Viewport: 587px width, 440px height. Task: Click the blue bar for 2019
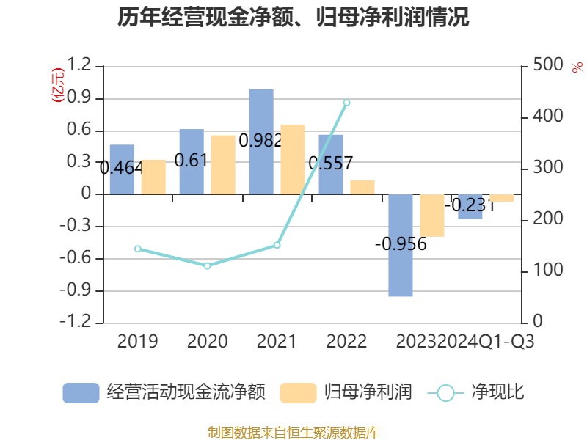[x=122, y=169]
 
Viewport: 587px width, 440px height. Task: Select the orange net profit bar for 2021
[x=293, y=159]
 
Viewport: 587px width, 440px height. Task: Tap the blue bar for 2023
[x=401, y=245]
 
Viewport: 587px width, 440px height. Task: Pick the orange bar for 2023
[x=432, y=216]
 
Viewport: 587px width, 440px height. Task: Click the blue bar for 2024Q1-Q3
[x=470, y=207]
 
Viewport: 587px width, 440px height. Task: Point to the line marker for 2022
[x=347, y=103]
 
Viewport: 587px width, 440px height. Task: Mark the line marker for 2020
[x=208, y=265]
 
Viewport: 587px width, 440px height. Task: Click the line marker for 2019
[x=138, y=249]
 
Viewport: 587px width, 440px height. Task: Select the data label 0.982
[x=260, y=141]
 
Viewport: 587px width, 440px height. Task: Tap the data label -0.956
[x=401, y=244]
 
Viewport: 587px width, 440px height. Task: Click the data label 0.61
[x=192, y=160]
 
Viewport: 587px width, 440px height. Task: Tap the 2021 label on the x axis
[x=277, y=342]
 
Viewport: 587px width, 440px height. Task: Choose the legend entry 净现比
[x=477, y=393]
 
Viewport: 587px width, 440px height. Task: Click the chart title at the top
[x=293, y=17]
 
